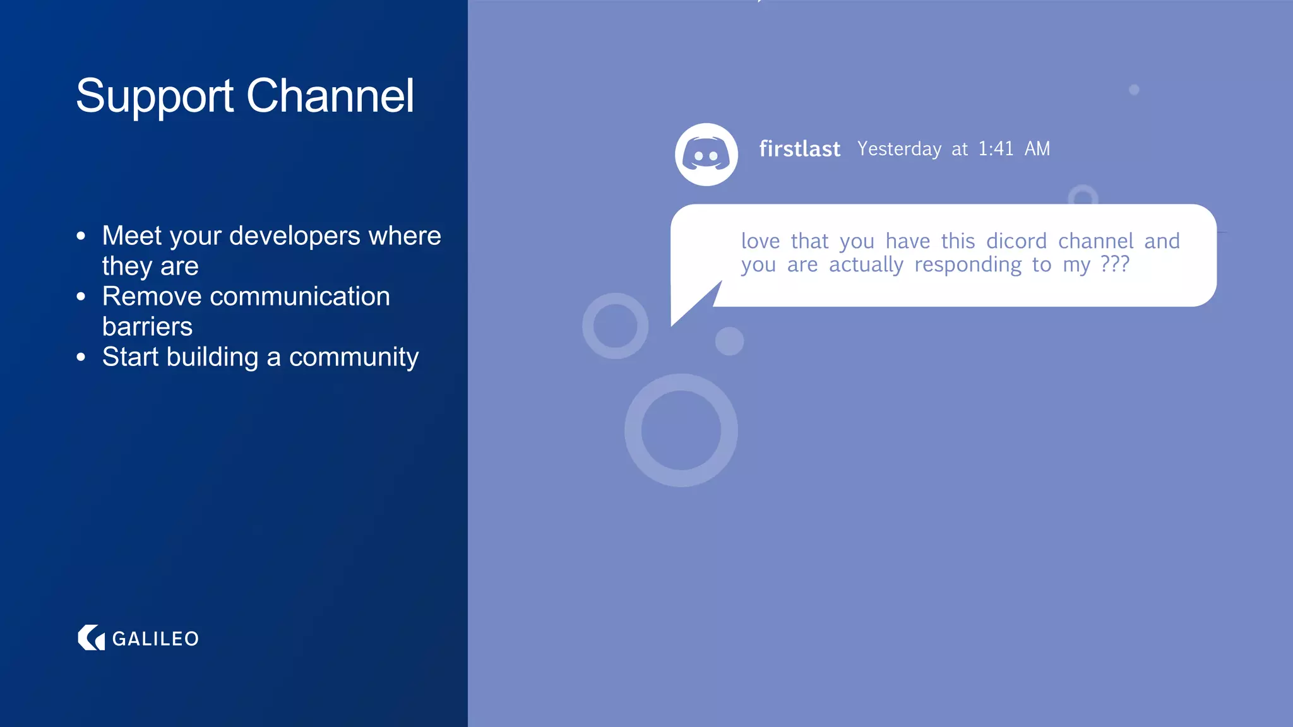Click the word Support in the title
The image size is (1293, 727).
tap(155, 97)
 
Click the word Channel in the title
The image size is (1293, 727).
tap(330, 95)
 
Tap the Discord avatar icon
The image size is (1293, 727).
tap(706, 155)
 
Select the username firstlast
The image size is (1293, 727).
tap(799, 149)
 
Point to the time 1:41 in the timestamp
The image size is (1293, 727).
tap(996, 149)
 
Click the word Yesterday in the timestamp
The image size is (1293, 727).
tap(899, 149)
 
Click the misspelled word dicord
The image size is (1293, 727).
tap(1016, 241)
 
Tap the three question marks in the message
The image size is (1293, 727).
tap(1114, 264)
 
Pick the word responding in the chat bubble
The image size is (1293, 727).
tap(968, 265)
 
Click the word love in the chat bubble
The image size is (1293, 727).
tap(761, 241)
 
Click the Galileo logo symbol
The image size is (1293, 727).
tap(91, 638)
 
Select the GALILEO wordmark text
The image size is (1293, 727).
tap(155, 639)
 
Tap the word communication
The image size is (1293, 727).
tap(299, 297)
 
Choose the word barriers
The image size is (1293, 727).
tap(147, 327)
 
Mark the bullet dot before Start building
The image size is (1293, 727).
tap(81, 357)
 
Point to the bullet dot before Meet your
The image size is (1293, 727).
tap(81, 236)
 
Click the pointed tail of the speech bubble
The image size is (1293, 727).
tap(685, 312)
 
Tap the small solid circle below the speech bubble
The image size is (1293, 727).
tap(729, 341)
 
